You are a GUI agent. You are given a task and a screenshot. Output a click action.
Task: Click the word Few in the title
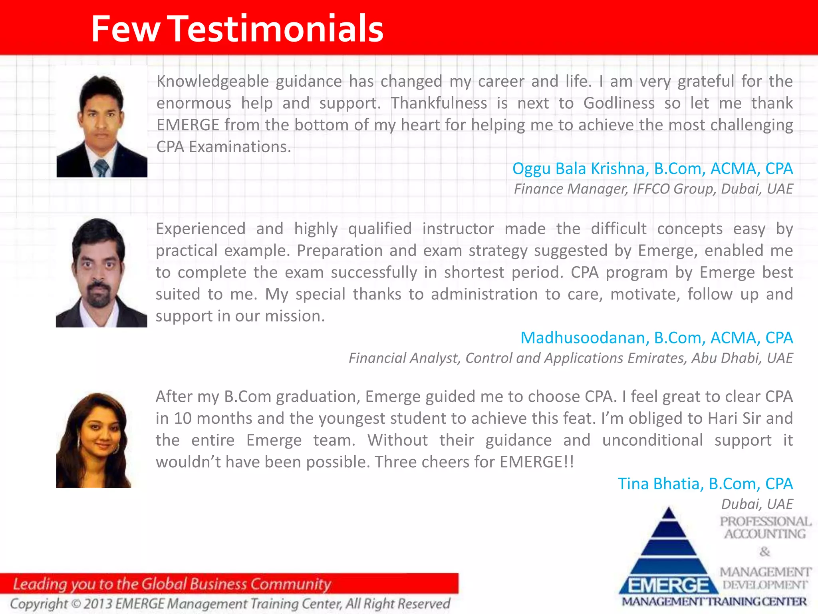tap(125, 29)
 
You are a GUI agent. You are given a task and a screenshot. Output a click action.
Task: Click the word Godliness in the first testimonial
tap(619, 104)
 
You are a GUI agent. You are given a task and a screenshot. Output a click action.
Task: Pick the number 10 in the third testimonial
tap(183, 419)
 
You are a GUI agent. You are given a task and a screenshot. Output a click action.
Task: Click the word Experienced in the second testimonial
tap(201, 229)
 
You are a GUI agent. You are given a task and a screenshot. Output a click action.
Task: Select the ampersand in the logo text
tap(764, 552)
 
